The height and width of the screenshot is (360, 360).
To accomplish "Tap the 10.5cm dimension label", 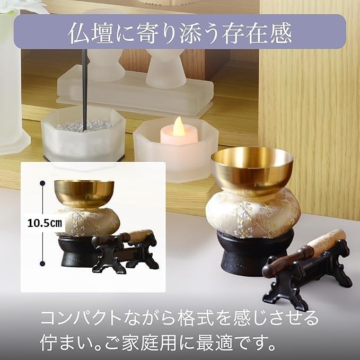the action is click(x=45, y=223).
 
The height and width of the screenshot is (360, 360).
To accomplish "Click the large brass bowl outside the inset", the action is click(x=252, y=169).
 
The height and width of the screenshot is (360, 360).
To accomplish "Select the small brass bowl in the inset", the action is click(x=84, y=194).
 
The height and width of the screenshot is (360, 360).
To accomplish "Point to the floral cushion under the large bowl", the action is click(x=253, y=214).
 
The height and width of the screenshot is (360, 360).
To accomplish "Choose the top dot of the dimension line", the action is click(x=42, y=183).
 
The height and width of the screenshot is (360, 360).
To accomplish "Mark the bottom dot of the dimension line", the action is click(x=42, y=264).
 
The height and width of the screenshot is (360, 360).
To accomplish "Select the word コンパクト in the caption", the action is click(x=81, y=318).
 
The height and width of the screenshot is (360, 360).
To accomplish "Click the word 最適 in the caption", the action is click(x=215, y=343).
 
